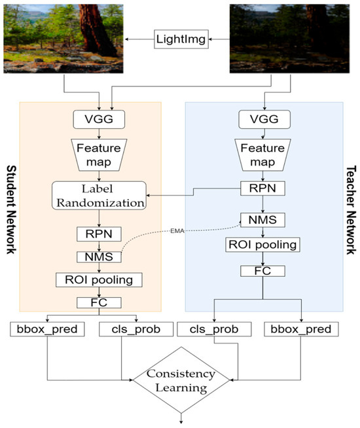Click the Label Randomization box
pos(98,194)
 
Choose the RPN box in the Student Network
pos(98,234)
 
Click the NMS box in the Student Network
pos(98,257)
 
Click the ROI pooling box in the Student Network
pos(98,280)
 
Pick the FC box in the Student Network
pos(98,303)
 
